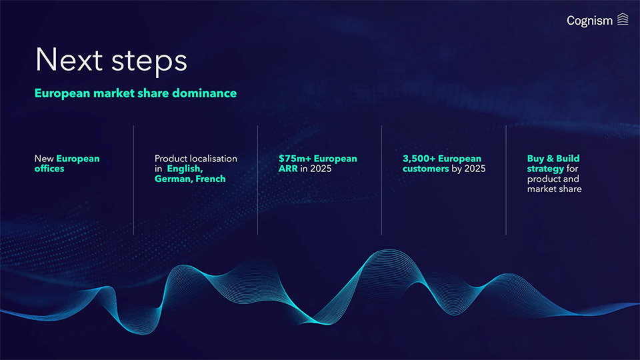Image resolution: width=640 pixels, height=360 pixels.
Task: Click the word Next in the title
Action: click(69, 60)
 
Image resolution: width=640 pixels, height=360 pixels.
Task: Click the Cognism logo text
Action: click(589, 21)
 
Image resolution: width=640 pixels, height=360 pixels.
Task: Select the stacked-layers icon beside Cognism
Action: click(623, 19)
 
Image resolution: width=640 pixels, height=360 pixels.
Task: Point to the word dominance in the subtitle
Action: click(204, 93)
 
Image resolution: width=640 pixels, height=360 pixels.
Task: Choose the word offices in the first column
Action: click(49, 169)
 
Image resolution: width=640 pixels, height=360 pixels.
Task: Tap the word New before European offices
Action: click(44, 159)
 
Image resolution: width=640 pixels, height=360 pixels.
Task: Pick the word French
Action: click(211, 179)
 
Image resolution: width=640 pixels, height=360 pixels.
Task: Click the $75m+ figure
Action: click(295, 159)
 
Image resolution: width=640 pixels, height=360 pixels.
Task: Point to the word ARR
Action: click(288, 169)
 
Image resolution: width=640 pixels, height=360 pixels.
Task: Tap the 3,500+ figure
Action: click(419, 159)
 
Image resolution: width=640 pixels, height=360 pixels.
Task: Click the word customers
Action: click(426, 169)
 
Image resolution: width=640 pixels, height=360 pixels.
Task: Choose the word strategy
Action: click(545, 169)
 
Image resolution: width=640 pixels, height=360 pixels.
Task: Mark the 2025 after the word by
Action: click(475, 169)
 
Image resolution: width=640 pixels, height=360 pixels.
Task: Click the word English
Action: click(185, 169)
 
